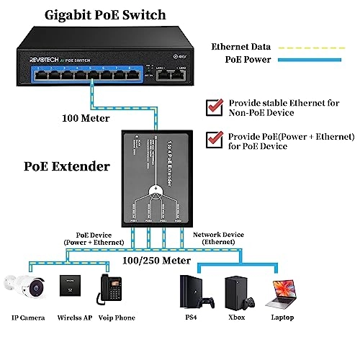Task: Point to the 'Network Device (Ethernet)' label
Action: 218,239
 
